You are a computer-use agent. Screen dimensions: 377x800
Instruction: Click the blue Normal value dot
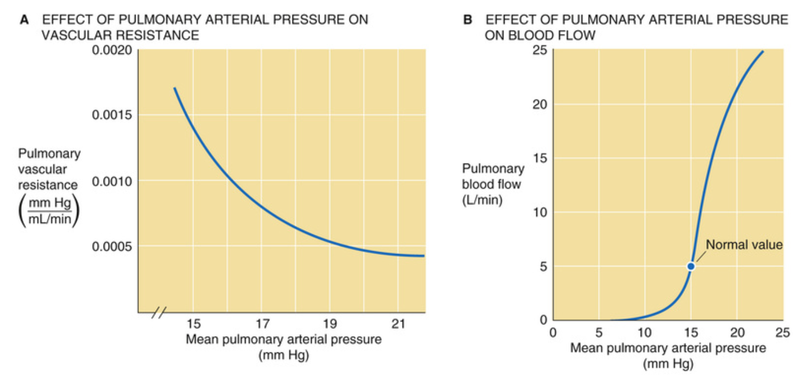[x=691, y=266]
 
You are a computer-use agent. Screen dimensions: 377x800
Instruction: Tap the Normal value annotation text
[x=744, y=244]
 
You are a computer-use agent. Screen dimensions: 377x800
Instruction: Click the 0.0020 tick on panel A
[x=112, y=50]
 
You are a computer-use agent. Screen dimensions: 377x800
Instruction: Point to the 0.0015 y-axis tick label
[x=112, y=115]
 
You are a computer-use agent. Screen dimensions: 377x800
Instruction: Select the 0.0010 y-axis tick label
[x=112, y=181]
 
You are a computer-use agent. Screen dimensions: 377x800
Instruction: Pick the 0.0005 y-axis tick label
[x=112, y=247]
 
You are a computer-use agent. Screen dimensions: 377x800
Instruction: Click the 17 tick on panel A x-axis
[x=262, y=324]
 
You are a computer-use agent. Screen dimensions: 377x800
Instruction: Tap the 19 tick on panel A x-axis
[x=330, y=324]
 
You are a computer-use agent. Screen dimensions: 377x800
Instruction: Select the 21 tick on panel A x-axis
[x=398, y=324]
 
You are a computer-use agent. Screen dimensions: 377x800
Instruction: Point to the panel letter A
[x=24, y=20]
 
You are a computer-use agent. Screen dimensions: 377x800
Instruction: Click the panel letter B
[x=468, y=20]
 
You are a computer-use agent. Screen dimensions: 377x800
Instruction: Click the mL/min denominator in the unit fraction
[x=49, y=219]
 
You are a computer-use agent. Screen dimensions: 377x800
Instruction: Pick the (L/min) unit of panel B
[x=482, y=200]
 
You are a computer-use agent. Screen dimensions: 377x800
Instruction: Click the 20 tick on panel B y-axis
[x=540, y=105]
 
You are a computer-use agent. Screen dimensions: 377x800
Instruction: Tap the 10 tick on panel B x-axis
[x=644, y=333]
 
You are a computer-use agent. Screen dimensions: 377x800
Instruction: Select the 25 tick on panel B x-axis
[x=783, y=333]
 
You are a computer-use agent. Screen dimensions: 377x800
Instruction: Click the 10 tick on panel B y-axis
[x=540, y=213]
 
